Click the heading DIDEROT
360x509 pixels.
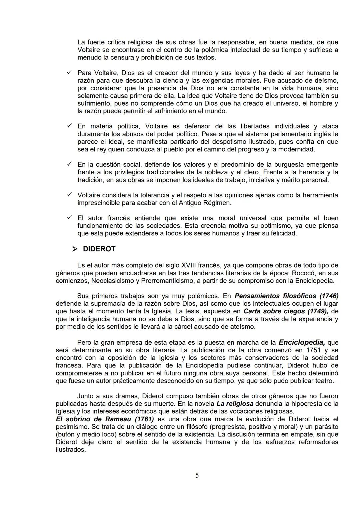coord(99,249)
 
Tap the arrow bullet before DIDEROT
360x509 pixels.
coord(75,249)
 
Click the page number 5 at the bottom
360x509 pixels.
coord(197,475)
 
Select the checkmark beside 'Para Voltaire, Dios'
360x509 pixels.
coord(69,72)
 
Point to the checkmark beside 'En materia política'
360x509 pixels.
coord(69,126)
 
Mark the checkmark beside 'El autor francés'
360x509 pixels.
coord(69,218)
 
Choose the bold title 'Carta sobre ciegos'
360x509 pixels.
coord(274,311)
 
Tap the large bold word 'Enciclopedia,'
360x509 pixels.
coord(302,342)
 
